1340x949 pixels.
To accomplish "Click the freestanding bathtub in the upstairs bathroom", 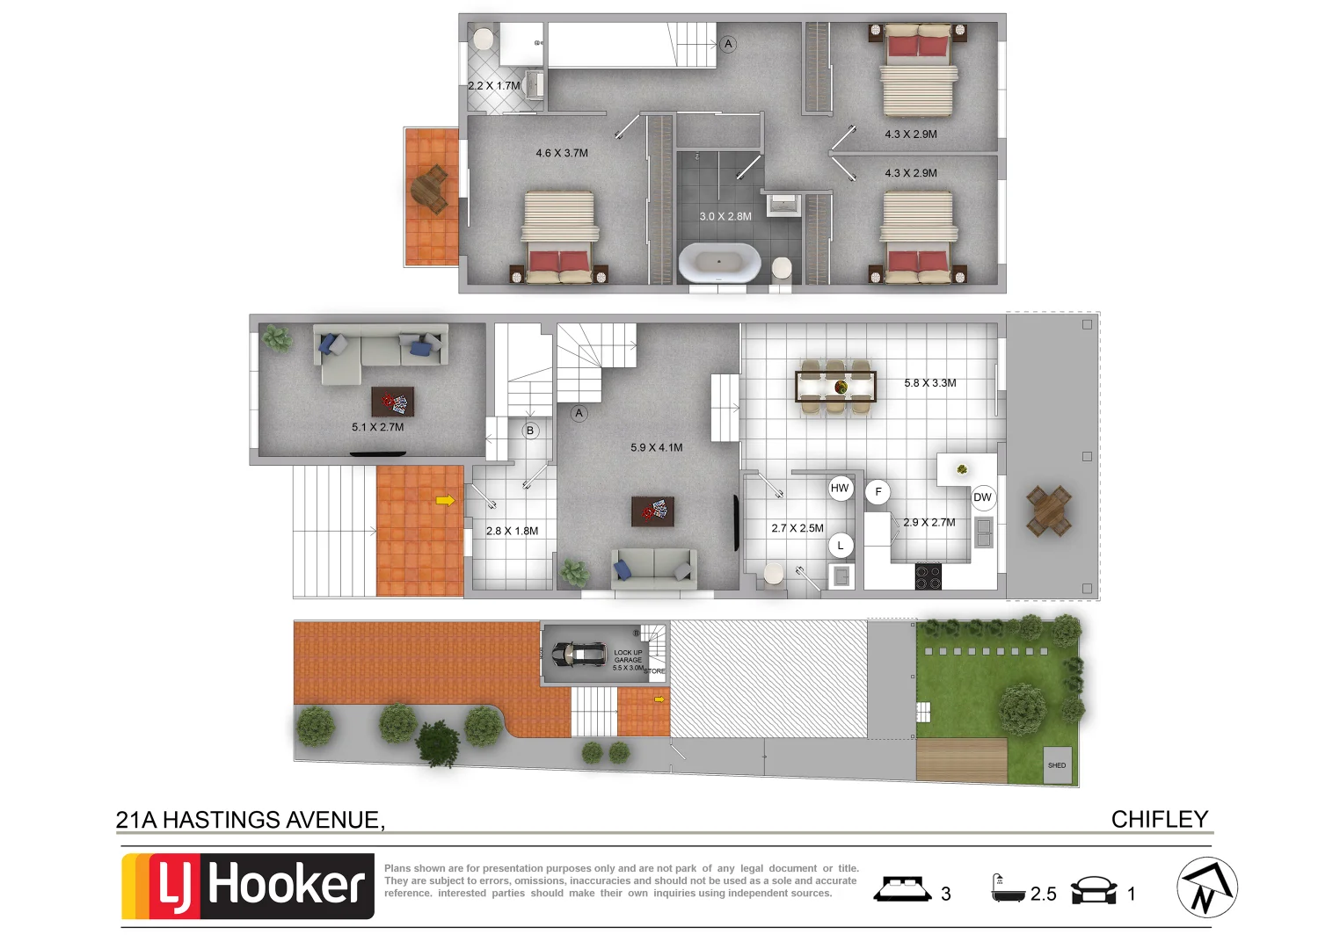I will pyautogui.click(x=719, y=262).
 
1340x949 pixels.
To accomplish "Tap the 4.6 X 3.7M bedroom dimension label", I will pyautogui.click(x=562, y=153).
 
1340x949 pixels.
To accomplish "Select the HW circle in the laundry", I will pyautogui.click(x=840, y=489).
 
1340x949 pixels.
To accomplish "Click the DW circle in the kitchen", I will pyautogui.click(x=982, y=497).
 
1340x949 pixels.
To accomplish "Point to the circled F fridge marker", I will pyautogui.click(x=878, y=492).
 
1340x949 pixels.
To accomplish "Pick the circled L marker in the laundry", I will pyautogui.click(x=841, y=546).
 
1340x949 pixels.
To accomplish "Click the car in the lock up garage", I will pyautogui.click(x=578, y=654).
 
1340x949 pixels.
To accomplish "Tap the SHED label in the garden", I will pyautogui.click(x=1056, y=765).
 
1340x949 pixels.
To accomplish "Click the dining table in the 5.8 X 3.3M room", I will pyautogui.click(x=835, y=386).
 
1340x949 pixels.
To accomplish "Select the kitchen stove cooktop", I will pyautogui.click(x=928, y=576).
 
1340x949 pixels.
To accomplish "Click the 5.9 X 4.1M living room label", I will pyautogui.click(x=656, y=447).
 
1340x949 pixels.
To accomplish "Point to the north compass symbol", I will pyautogui.click(x=1206, y=888).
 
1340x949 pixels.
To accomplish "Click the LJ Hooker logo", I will pyautogui.click(x=248, y=886).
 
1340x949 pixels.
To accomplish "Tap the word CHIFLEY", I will pyautogui.click(x=1159, y=819).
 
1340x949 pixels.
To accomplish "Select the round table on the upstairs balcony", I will pyautogui.click(x=430, y=189).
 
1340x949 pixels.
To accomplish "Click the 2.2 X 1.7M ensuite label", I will pyautogui.click(x=493, y=86).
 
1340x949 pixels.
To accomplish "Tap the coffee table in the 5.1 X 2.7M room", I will pyautogui.click(x=392, y=402).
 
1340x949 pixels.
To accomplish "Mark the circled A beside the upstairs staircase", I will pyautogui.click(x=728, y=44).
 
